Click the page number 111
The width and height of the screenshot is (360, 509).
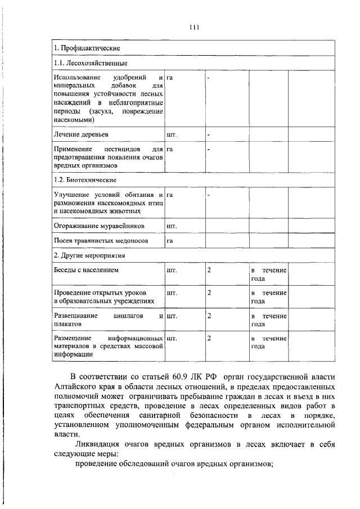[x=195, y=27]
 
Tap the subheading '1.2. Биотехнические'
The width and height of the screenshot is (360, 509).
[x=85, y=180]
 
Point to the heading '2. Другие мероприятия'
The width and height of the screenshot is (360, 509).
[x=89, y=255]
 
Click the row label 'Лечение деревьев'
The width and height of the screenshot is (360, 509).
[x=81, y=135]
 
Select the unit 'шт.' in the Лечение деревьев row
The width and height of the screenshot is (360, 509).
[x=172, y=135]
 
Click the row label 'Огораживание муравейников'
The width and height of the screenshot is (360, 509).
[x=99, y=226]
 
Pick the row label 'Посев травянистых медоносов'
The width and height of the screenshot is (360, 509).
[x=101, y=241]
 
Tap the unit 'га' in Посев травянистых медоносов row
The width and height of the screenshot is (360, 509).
[x=169, y=241]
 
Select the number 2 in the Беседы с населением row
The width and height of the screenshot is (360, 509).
[x=209, y=271]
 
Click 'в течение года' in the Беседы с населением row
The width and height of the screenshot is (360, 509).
[x=269, y=274]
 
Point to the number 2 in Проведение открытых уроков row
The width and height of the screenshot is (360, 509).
[x=209, y=293]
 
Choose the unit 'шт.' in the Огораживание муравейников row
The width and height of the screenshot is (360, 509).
[x=172, y=226]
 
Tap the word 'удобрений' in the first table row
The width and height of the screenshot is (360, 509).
[x=129, y=76]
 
